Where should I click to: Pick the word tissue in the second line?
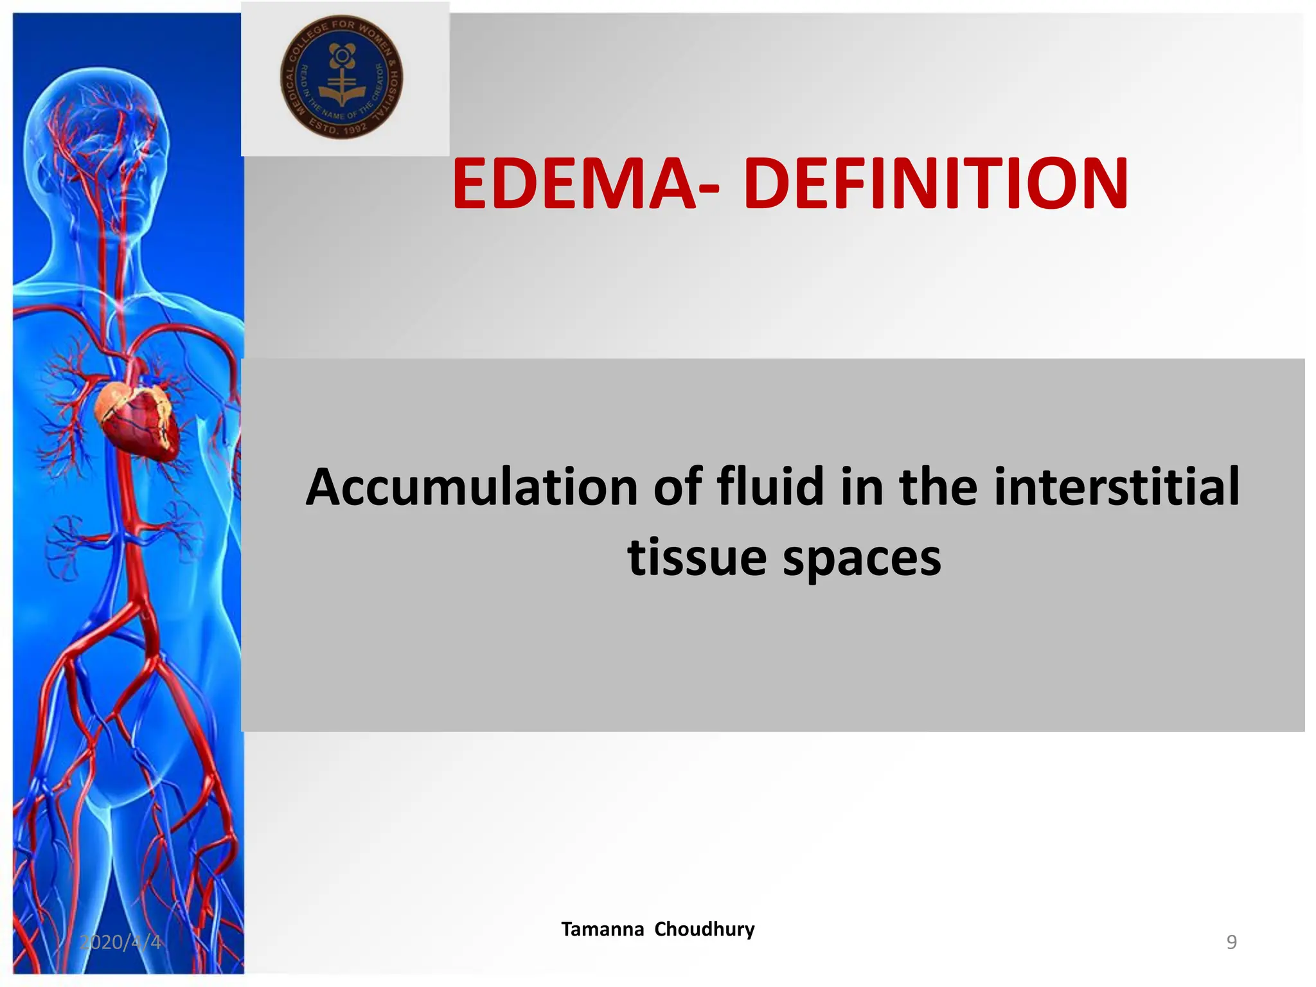pyautogui.click(x=697, y=557)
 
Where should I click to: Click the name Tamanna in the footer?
pyautogui.click(x=602, y=929)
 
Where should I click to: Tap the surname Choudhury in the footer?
pyautogui.click(x=704, y=929)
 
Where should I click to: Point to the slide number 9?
pyautogui.click(x=1231, y=942)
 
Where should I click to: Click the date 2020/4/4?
pyautogui.click(x=120, y=942)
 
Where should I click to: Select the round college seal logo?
pyautogui.click(x=342, y=77)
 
